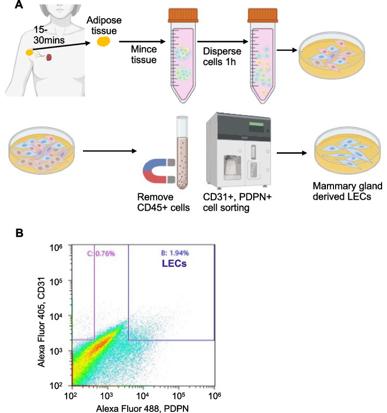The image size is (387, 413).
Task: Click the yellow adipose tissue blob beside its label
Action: pyautogui.click(x=102, y=42)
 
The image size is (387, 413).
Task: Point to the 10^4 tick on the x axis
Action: pyautogui.click(x=142, y=394)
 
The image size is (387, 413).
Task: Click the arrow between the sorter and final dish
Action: pyautogui.click(x=294, y=154)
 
